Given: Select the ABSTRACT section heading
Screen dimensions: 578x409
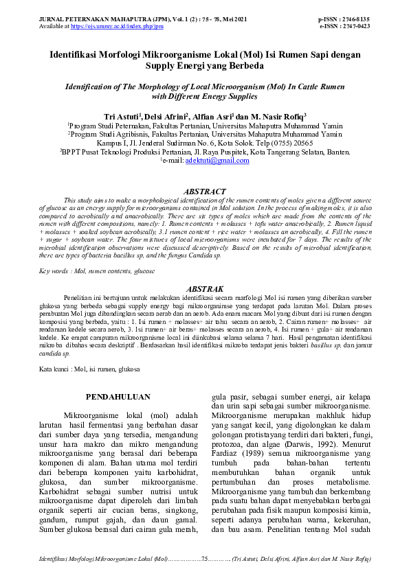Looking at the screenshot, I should pyautogui.click(x=204, y=192).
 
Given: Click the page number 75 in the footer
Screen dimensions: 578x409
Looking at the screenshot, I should pyautogui.click(x=205, y=560).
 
